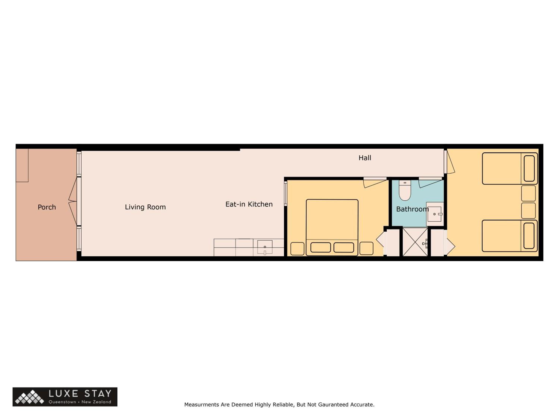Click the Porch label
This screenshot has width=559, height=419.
tap(47, 207)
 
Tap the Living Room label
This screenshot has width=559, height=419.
tap(145, 207)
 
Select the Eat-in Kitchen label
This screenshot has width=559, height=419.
tap(249, 204)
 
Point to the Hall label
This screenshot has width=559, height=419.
tap(365, 158)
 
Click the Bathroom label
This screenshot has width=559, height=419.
tap(412, 209)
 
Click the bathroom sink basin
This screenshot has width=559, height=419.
tap(434, 214)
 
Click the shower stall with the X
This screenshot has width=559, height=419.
tap(415, 242)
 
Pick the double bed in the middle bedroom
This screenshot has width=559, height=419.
tap(332, 227)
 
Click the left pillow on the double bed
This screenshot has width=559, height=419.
tap(320, 247)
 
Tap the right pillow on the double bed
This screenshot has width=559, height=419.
tap(344, 247)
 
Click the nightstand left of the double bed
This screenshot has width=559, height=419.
tap(297, 249)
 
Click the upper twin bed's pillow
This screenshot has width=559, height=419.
tap(529, 169)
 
